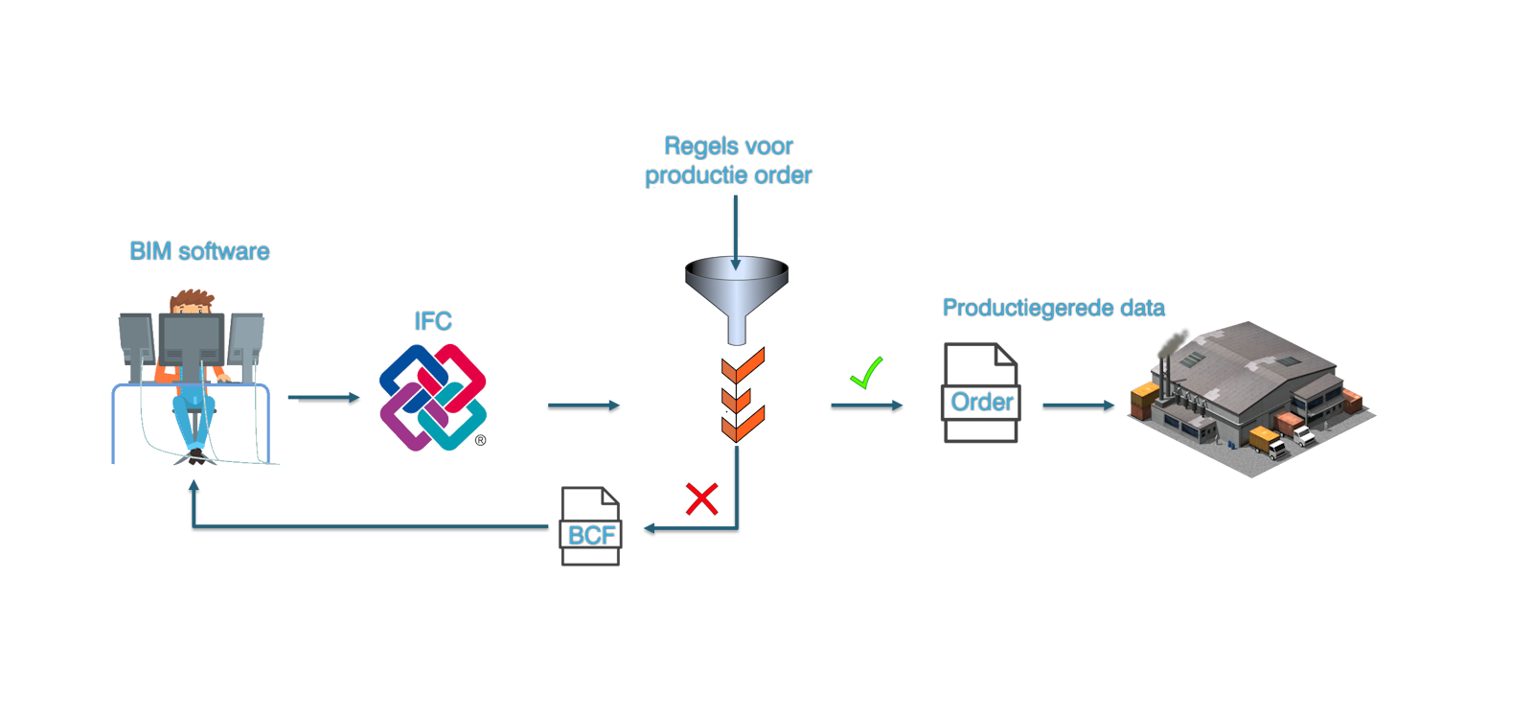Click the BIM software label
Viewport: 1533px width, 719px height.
coord(199,251)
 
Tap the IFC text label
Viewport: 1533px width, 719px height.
coord(433,321)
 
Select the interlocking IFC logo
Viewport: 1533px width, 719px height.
coord(433,397)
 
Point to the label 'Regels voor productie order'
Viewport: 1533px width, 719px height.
coord(728,161)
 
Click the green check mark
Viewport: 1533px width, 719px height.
coord(866,373)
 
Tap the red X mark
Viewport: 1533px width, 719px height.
coord(701,499)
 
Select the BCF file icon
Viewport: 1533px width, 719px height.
coord(590,526)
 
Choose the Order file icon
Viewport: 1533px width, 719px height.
coord(980,393)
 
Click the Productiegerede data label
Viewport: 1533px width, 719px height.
coord(1053,308)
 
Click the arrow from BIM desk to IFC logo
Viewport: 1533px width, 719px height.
coord(323,397)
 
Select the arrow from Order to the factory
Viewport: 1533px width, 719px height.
coord(1078,406)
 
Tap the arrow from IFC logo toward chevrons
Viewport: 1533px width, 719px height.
coord(583,406)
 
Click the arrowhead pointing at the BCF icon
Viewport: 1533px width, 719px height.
coord(650,527)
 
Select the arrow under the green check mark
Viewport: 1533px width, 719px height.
coord(866,406)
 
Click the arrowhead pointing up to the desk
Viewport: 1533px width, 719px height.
coord(194,486)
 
